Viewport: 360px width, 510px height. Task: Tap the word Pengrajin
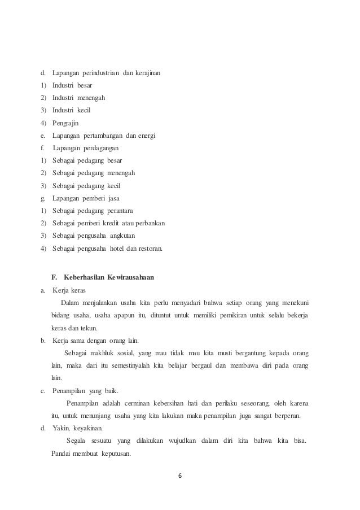(x=67, y=123)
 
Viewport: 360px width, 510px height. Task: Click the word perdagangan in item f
(x=103, y=148)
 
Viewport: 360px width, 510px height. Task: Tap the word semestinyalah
(x=137, y=365)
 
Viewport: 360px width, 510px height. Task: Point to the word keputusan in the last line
(x=114, y=452)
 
